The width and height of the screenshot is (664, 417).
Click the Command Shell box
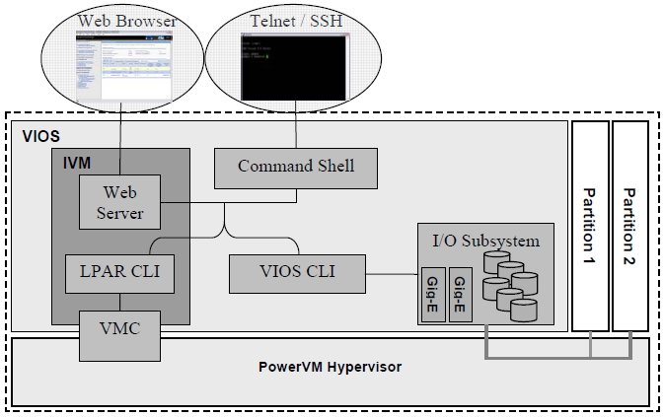(296, 166)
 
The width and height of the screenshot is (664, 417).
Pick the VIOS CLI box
(296, 272)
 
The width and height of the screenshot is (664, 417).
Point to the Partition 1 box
(589, 225)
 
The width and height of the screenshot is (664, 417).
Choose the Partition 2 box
(630, 225)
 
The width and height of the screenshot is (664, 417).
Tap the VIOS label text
(38, 134)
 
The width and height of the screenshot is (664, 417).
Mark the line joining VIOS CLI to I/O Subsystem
(391, 272)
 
